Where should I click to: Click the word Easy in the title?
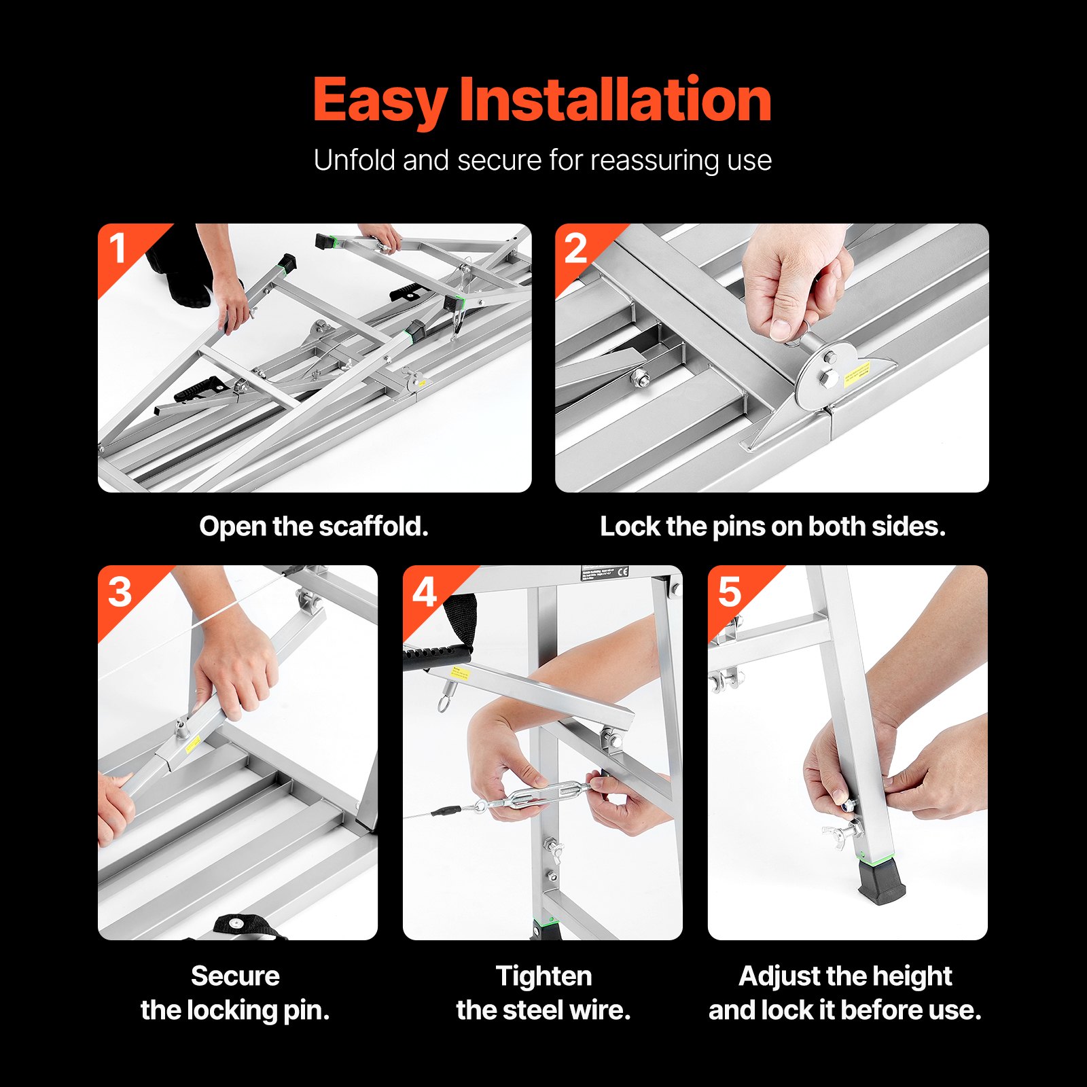(x=379, y=101)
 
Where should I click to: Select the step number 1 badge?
(x=118, y=248)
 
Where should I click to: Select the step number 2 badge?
(x=575, y=249)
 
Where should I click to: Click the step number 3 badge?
(x=120, y=592)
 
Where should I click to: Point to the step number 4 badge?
(x=425, y=592)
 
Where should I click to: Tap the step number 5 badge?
(x=730, y=592)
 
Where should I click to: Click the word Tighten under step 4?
(x=543, y=976)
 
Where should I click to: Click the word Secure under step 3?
(x=235, y=976)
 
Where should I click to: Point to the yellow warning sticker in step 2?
(x=857, y=373)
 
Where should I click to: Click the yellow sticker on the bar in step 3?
(x=192, y=743)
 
